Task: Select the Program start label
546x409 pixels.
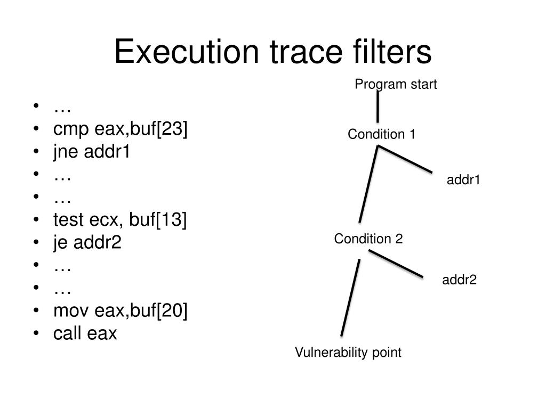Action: coord(396,84)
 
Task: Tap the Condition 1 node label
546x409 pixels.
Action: coord(381,134)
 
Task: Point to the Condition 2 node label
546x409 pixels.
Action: coord(368,239)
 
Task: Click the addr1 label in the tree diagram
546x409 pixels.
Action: coord(463,180)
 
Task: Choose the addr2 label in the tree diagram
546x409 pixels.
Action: coord(459,280)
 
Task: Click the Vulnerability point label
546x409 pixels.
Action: coord(348,352)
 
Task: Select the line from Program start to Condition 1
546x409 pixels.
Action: coord(378,107)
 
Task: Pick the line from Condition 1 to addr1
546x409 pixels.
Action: coord(405,159)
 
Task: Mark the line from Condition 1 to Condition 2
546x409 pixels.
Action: coord(368,184)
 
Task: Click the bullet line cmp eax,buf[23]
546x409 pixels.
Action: coord(121,129)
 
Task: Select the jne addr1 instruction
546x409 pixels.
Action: coord(92,152)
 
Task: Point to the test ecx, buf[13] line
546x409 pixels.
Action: coord(121,220)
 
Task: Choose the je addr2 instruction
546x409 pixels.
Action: coord(87,243)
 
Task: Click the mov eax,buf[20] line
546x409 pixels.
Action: coord(121,311)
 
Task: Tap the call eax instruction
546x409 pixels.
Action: coord(85,333)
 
